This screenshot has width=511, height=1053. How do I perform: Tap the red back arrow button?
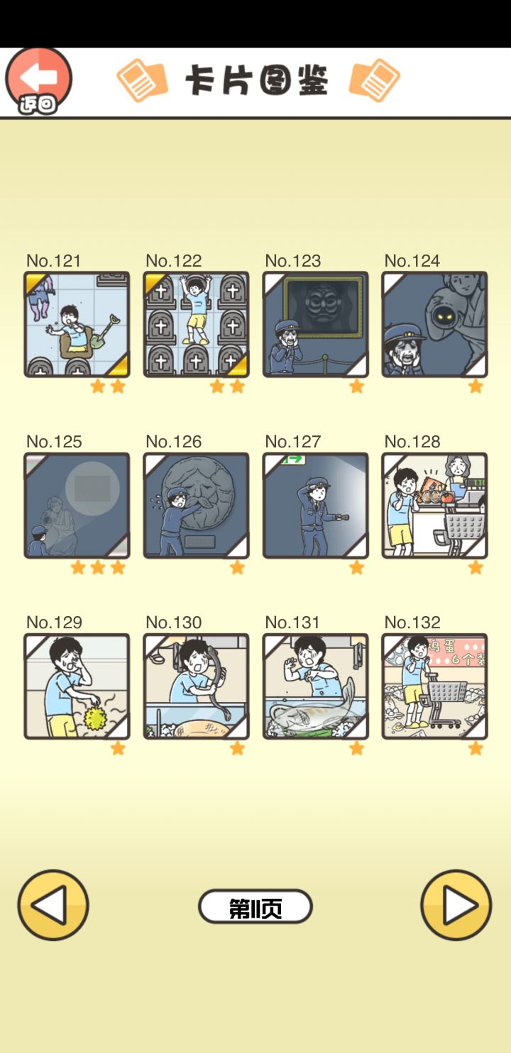(38, 80)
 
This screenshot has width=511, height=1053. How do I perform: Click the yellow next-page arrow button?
(456, 905)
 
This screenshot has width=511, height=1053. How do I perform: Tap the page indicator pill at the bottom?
(255, 906)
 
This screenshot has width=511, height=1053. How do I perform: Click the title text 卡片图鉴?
(257, 80)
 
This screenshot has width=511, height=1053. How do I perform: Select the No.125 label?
(54, 442)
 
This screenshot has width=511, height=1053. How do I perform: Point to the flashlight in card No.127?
(341, 518)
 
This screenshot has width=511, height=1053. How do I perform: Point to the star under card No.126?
(237, 567)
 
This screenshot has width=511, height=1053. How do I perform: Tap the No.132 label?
(412, 623)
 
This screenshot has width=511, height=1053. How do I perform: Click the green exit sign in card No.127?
(293, 459)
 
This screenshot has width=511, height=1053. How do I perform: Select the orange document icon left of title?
(142, 80)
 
